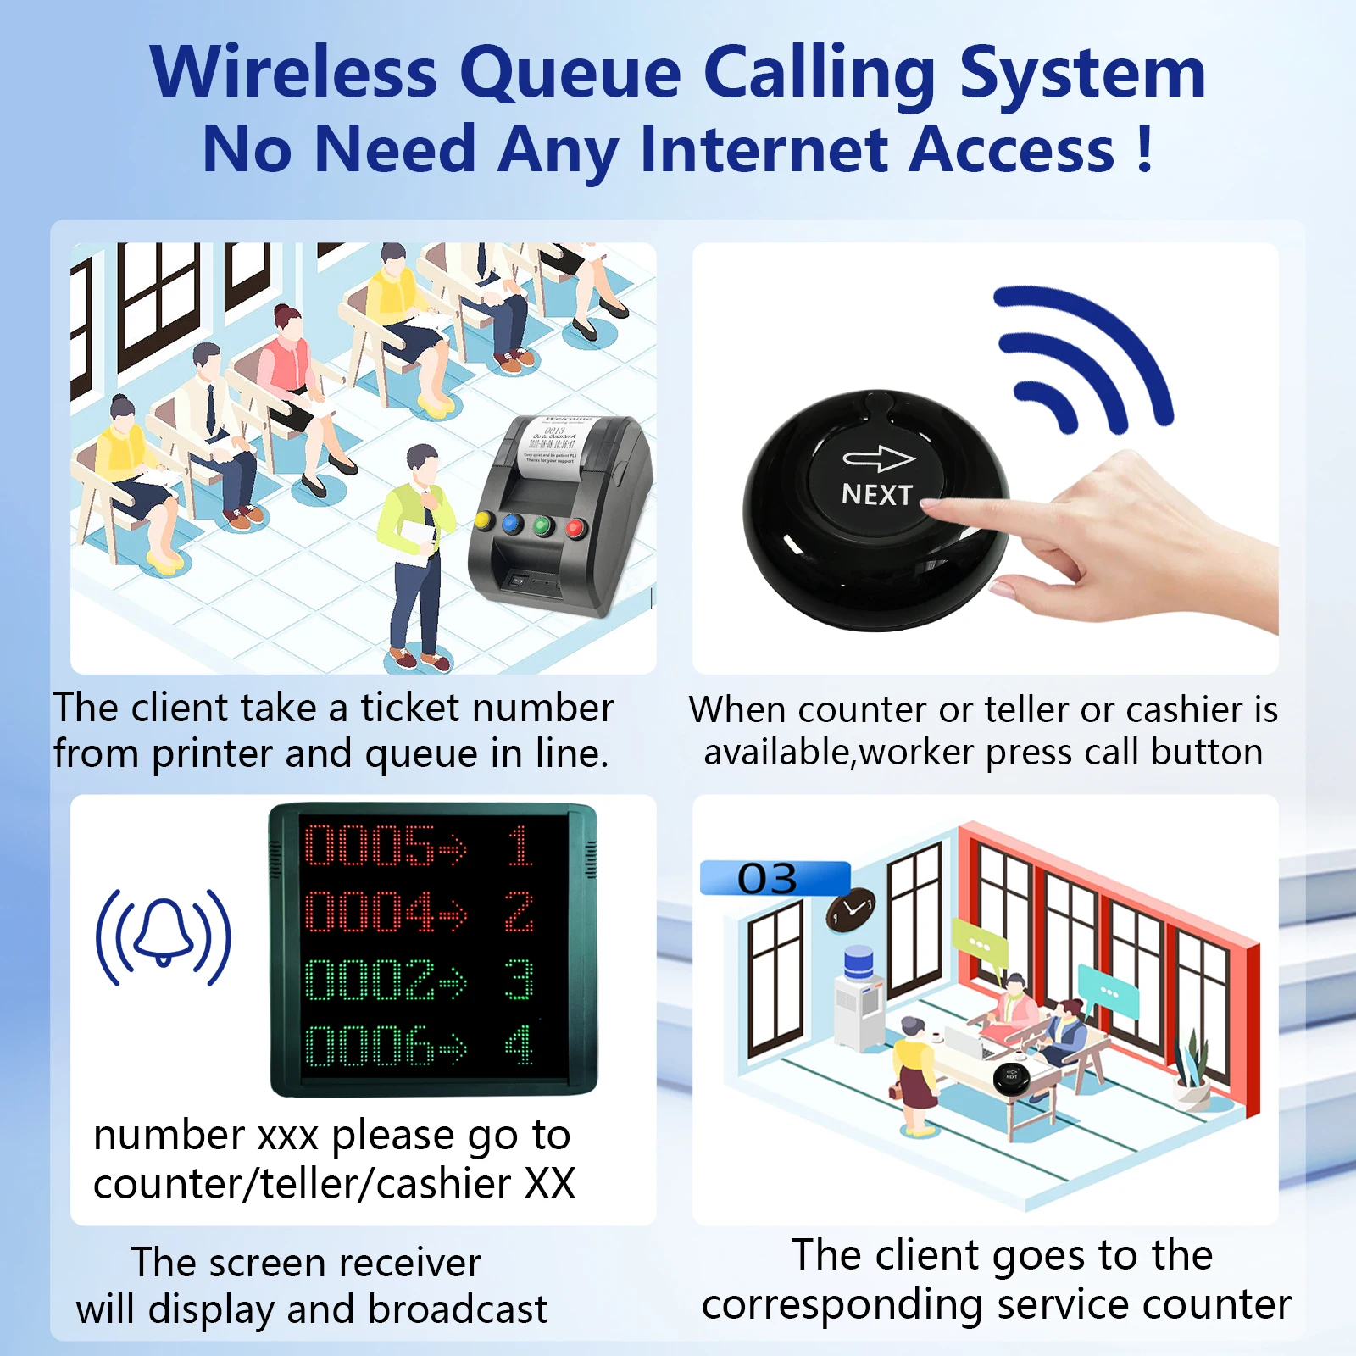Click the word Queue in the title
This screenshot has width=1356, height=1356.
pos(570,75)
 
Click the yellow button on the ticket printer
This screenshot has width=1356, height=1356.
pos(484,519)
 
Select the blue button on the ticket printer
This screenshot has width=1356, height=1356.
pos(512,523)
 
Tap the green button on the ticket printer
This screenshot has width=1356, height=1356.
pos(542,526)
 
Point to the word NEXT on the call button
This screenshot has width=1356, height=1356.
pos(876,494)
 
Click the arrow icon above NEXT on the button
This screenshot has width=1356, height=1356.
pos(878,458)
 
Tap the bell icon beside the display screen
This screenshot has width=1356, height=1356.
pos(163,936)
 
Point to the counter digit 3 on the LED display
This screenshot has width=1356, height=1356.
pos(519,980)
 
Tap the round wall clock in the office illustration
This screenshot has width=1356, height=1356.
pos(852,909)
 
